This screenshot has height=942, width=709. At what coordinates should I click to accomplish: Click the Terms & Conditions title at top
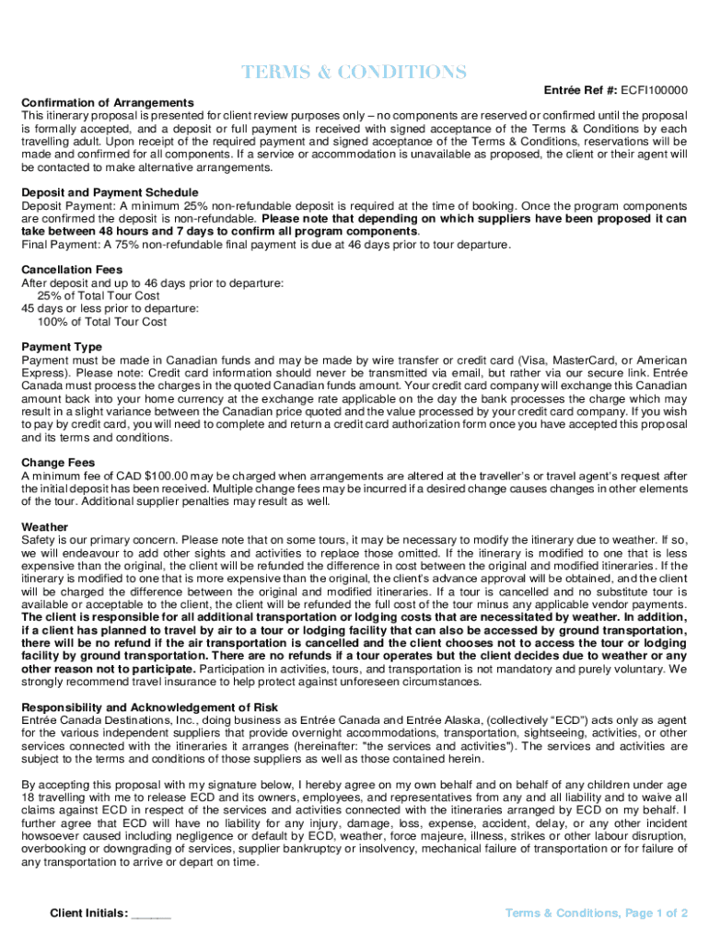click(354, 72)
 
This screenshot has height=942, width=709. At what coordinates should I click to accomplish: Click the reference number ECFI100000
click(654, 90)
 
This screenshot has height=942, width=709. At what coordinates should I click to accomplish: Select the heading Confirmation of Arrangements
click(108, 102)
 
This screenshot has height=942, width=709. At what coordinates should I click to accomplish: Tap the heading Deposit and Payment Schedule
click(110, 192)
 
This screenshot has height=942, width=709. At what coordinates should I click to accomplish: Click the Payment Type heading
click(62, 347)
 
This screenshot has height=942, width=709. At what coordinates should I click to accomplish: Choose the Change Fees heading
click(57, 463)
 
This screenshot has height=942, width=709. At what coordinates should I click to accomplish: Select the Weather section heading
click(44, 527)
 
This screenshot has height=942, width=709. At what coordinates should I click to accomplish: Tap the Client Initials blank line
click(152, 913)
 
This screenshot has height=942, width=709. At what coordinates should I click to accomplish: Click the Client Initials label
click(88, 913)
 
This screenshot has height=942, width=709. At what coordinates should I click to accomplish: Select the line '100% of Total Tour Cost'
click(101, 322)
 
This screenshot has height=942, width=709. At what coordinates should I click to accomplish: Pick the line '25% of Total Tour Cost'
click(99, 296)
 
